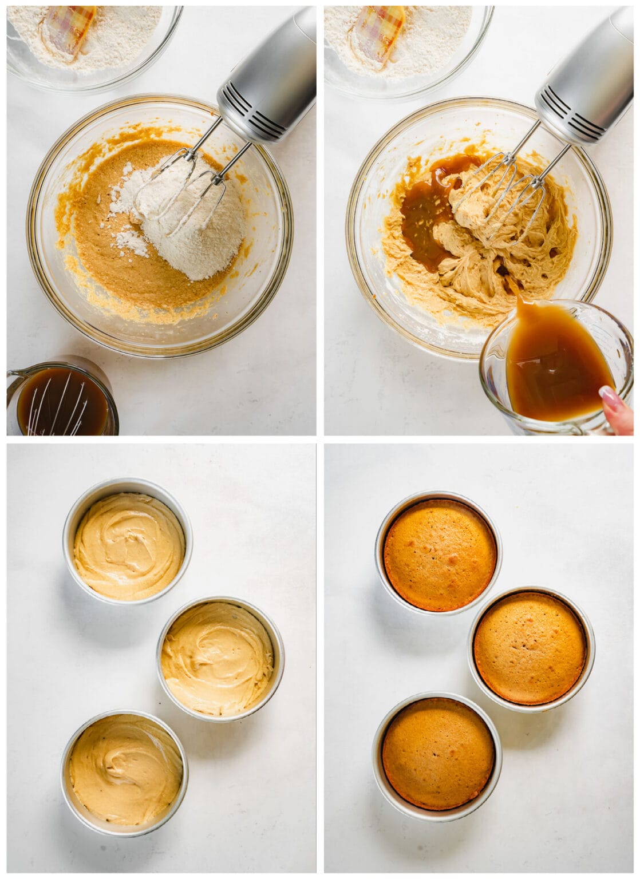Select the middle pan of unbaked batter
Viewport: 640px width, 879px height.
click(220, 658)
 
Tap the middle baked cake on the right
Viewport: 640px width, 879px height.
click(531, 648)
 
